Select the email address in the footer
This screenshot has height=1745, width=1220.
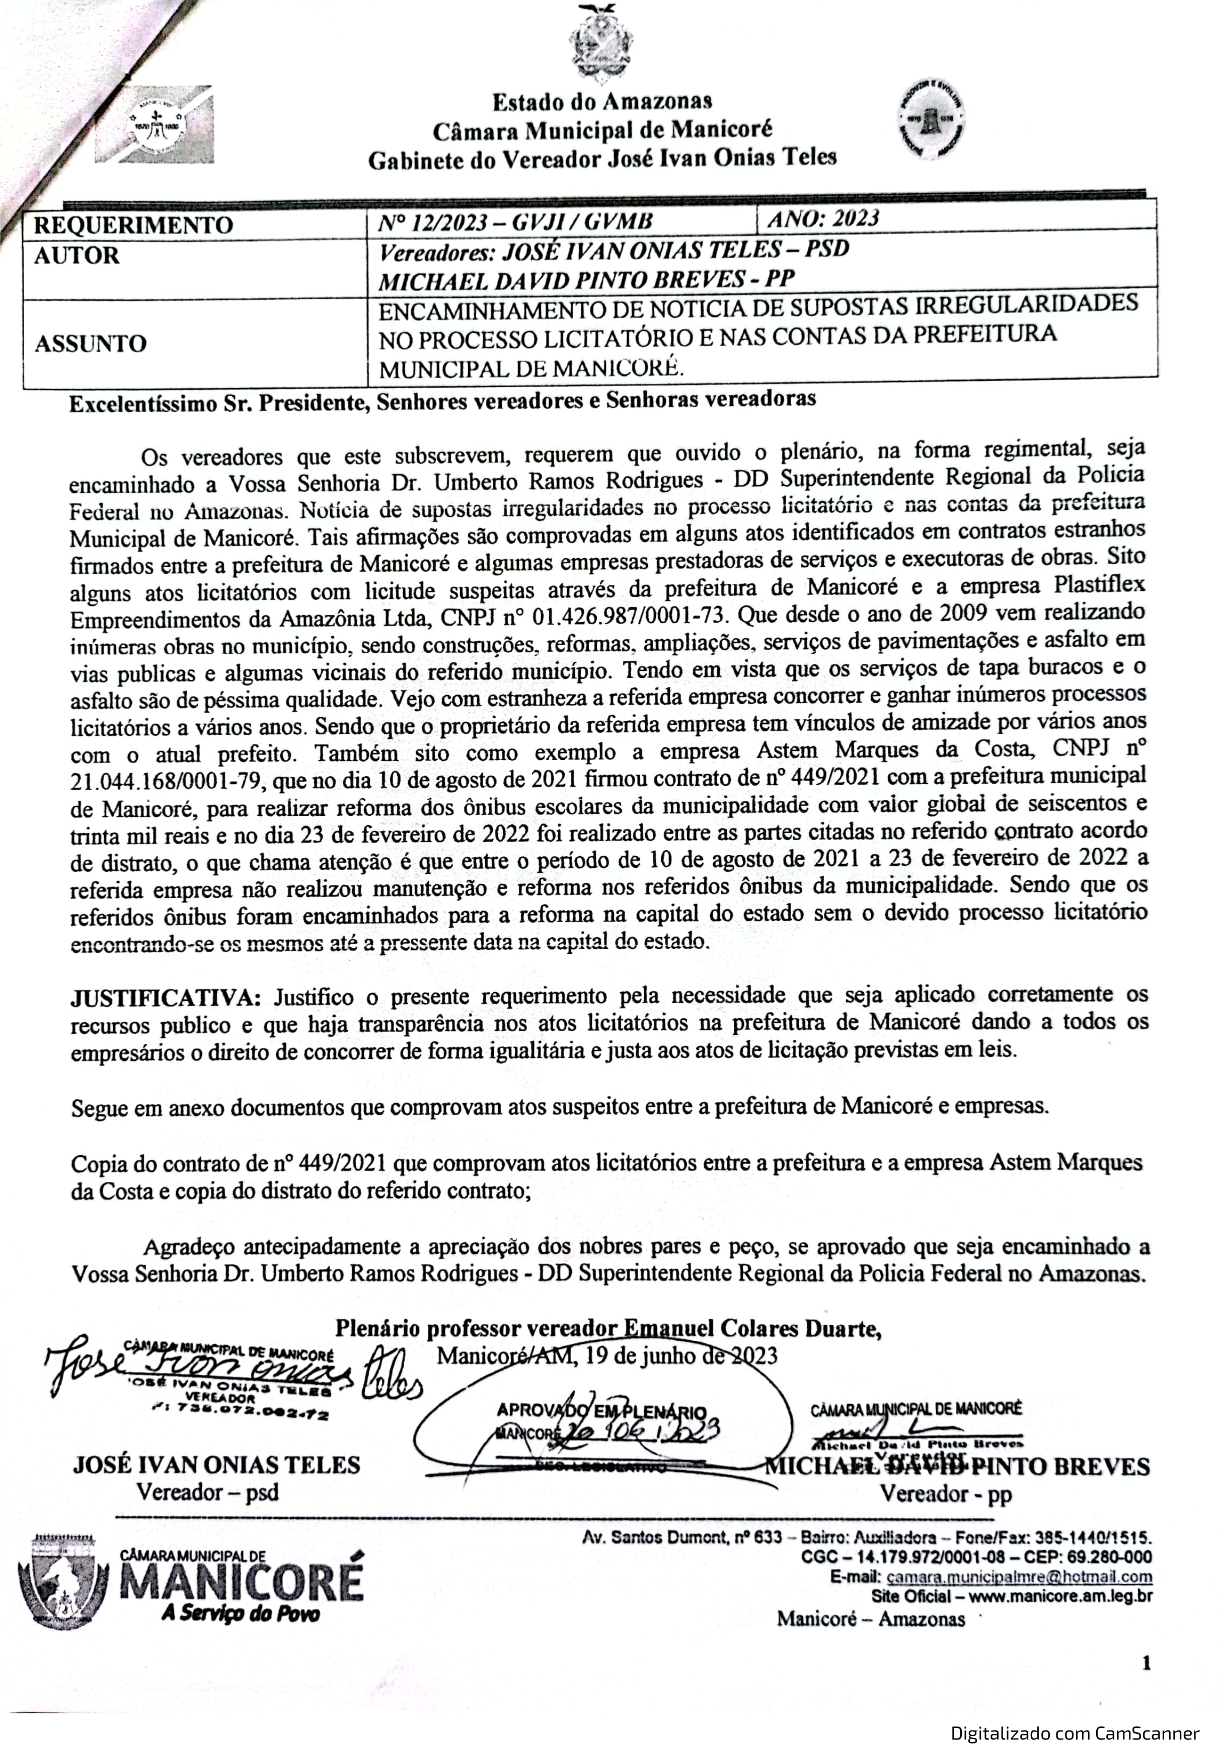[1019, 1577]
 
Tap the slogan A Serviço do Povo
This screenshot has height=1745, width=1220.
[240, 1613]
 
